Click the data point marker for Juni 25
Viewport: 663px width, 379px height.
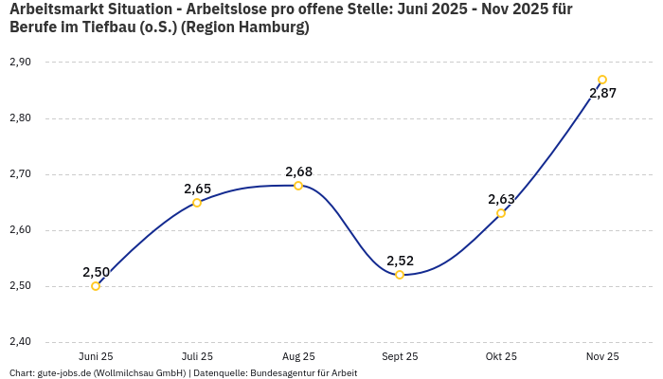(96, 286)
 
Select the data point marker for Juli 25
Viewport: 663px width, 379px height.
(197, 203)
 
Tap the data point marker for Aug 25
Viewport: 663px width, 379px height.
(298, 186)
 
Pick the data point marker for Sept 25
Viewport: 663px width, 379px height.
(400, 275)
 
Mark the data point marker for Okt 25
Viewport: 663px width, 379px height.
(501, 213)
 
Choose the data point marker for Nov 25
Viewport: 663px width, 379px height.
(602, 80)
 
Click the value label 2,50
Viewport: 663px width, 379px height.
(96, 272)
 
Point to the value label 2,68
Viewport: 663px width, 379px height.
(298, 171)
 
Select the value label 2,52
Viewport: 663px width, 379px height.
(400, 261)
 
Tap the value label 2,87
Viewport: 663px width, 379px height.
(602, 93)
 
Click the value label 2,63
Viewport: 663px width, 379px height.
(501, 199)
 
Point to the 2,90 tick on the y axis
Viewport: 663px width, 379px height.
(20, 63)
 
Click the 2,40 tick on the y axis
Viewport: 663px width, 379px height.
(20, 342)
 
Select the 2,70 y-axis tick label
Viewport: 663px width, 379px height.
(20, 174)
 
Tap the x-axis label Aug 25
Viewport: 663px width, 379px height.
(298, 356)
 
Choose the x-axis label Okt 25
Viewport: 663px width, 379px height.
(501, 356)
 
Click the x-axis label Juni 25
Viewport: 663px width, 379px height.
(96, 356)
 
